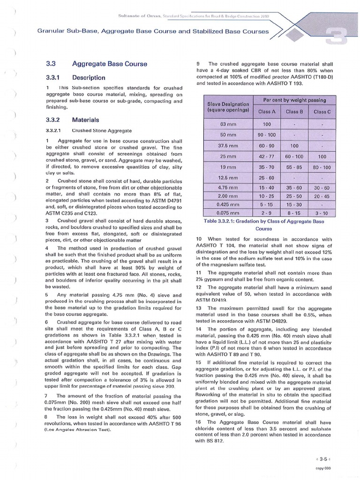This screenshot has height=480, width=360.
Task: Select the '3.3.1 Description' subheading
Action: [89, 77]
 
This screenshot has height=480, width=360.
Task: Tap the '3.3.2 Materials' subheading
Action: [85, 120]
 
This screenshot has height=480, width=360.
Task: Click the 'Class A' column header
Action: [267, 112]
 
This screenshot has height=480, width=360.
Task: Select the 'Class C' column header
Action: [322, 112]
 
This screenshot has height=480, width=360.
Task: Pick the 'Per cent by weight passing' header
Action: [294, 100]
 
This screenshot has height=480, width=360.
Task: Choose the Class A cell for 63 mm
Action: [267, 125]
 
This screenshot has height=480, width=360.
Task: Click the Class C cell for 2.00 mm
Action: [322, 196]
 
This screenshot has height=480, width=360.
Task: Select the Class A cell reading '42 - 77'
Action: [267, 156]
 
